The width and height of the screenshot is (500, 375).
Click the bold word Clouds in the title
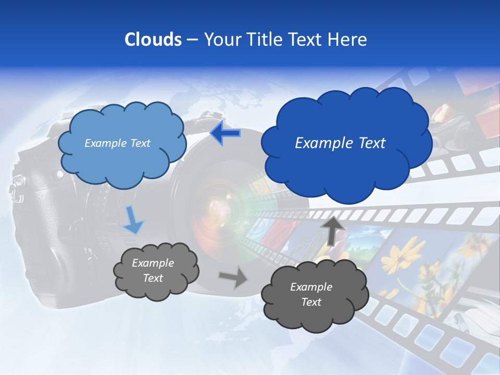(153, 40)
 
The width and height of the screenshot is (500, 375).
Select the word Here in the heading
(348, 40)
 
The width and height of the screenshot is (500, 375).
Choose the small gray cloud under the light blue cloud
(155, 271)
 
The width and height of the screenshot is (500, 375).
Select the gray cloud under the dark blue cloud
(314, 295)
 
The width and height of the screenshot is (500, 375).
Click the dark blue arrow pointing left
(225, 133)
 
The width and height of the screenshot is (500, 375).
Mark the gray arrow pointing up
(333, 230)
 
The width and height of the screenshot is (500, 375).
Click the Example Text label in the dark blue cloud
(340, 143)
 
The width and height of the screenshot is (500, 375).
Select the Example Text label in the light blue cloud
(117, 143)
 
